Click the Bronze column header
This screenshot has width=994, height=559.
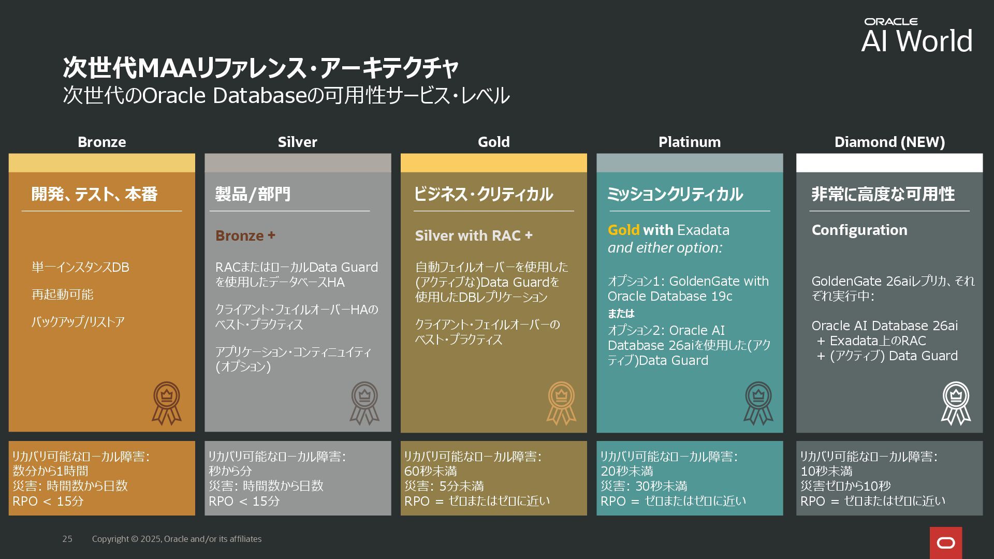coord(101,142)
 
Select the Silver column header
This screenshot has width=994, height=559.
coord(297,142)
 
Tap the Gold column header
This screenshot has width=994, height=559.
coord(493,142)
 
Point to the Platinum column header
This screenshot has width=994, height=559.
coord(689,142)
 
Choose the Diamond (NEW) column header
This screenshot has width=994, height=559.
coord(889,142)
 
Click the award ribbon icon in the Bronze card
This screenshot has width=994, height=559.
coord(166,403)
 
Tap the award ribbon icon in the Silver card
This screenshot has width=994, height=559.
coord(364,403)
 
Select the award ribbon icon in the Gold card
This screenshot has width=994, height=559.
coord(561,403)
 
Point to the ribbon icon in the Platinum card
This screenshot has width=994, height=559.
coord(758,403)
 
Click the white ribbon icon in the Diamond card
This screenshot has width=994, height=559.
coord(956,403)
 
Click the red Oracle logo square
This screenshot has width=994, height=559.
coord(946,542)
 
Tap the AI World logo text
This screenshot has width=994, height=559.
coord(917,41)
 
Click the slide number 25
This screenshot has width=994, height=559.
coord(67,539)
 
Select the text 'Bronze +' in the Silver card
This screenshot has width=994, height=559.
coord(245,236)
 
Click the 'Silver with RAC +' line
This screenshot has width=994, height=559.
coord(473,236)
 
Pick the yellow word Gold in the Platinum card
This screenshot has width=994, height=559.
coord(623,230)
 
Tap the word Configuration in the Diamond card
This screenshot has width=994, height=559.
coord(859,230)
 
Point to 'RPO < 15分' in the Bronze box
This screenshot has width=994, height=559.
coord(48,501)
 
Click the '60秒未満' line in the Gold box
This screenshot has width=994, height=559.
coord(430,471)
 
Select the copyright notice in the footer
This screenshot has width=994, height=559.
coord(177,539)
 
